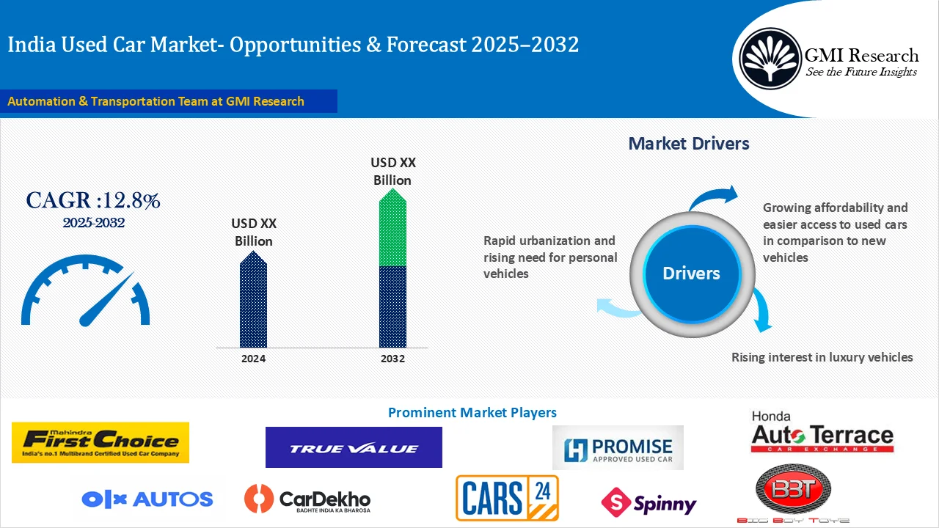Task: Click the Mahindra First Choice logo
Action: click(x=101, y=442)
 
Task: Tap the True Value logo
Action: click(x=354, y=447)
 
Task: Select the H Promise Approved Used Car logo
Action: click(x=618, y=447)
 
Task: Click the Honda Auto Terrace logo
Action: click(x=822, y=433)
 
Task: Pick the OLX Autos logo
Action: click(x=147, y=499)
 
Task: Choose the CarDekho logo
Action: click(x=307, y=499)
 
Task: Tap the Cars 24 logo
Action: click(x=507, y=498)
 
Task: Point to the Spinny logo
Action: click(x=648, y=502)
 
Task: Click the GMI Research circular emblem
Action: click(x=770, y=58)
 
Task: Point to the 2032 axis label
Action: click(x=392, y=359)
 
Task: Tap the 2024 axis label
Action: click(x=254, y=359)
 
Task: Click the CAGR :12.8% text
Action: click(x=93, y=200)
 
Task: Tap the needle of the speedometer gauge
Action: click(x=109, y=299)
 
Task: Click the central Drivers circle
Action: click(x=691, y=274)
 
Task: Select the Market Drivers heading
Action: click(x=689, y=144)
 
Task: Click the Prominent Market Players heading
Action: click(x=472, y=413)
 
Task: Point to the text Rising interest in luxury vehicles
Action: click(x=822, y=357)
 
